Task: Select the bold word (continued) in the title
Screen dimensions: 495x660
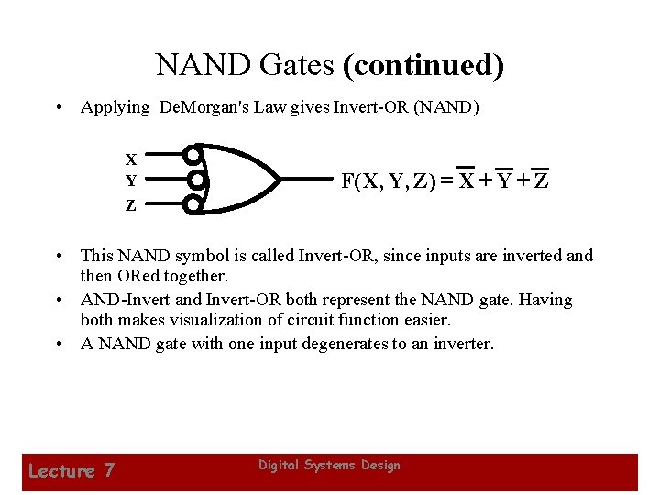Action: [x=423, y=66]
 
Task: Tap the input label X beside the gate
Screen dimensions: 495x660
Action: [x=131, y=159]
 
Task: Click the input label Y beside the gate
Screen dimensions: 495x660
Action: [x=131, y=181]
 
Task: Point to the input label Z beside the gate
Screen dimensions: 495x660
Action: [x=131, y=205]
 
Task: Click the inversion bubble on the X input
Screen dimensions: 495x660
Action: [x=192, y=154]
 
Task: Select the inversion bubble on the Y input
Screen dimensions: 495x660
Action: [x=192, y=180]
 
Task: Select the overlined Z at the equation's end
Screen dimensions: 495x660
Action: [x=541, y=180]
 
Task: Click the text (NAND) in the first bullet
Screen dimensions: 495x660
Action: [x=446, y=107]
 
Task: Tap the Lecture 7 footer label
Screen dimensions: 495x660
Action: [x=71, y=471]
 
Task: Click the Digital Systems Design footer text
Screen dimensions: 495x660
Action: [x=329, y=466]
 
